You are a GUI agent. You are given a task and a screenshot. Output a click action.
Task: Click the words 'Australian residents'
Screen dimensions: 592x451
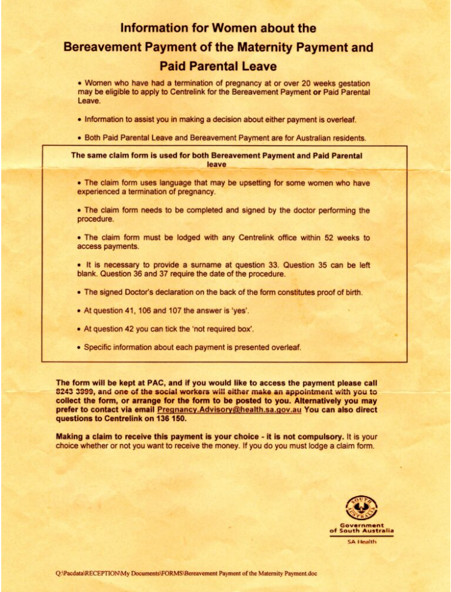point(327,138)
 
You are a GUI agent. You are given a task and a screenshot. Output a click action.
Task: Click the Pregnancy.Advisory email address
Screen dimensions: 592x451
point(229,409)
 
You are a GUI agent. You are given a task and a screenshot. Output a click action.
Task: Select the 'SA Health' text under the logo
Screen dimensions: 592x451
point(361,542)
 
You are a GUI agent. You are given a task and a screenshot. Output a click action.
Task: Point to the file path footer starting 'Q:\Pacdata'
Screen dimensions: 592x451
point(186,573)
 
